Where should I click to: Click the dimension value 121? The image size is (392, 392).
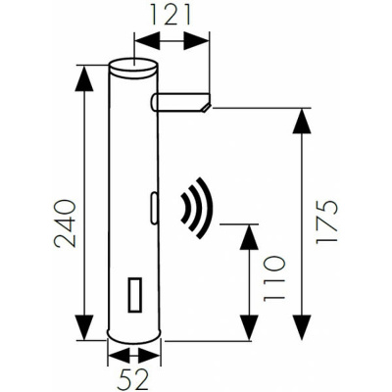[x=171, y=15]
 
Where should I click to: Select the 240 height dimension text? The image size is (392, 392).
[x=65, y=223]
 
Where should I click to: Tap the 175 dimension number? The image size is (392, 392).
[x=326, y=221]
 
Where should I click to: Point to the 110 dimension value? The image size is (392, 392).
[x=274, y=278]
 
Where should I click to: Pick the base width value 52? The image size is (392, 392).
[x=133, y=379]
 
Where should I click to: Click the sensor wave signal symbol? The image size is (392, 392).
[x=197, y=208]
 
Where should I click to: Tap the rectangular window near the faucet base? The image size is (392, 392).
[x=135, y=294]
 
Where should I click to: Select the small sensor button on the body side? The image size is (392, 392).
[x=154, y=209]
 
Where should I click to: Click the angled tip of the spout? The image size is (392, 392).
[x=206, y=107]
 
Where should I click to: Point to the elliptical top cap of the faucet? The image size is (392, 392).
[x=133, y=66]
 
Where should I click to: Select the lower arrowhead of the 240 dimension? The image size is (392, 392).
[x=84, y=327]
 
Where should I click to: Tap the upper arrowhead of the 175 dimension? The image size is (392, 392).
[x=301, y=122]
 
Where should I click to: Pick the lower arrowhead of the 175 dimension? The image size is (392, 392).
[x=301, y=327]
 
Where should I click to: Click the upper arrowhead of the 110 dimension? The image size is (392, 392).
[x=250, y=237]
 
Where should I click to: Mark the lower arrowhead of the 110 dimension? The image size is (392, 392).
[x=250, y=327]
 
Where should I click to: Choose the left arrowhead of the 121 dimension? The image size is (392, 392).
[x=148, y=41]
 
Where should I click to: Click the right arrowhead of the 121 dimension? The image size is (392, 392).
[x=196, y=41]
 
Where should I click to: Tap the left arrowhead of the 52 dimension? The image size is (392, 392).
[x=119, y=356]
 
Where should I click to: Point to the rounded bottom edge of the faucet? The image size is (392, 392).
[x=134, y=342]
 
